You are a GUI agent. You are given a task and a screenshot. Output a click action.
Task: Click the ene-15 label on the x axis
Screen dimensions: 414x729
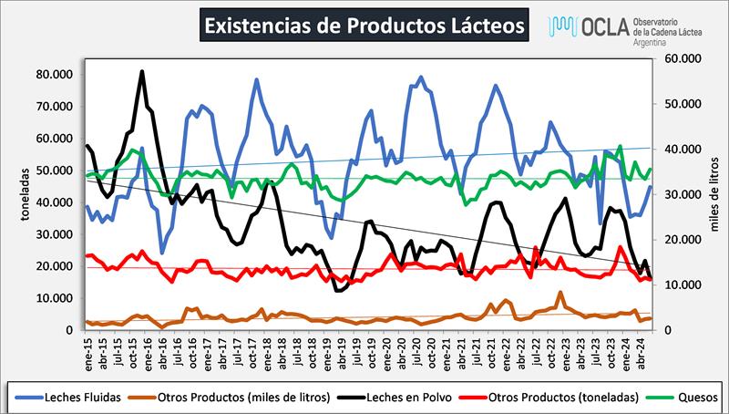point(87,351)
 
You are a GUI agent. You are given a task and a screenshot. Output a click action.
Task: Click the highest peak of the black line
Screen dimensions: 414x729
point(142,71)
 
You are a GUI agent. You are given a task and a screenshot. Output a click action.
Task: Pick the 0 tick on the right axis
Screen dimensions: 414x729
point(671,330)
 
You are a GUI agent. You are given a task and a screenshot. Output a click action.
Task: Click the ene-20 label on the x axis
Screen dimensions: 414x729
point(389,351)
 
